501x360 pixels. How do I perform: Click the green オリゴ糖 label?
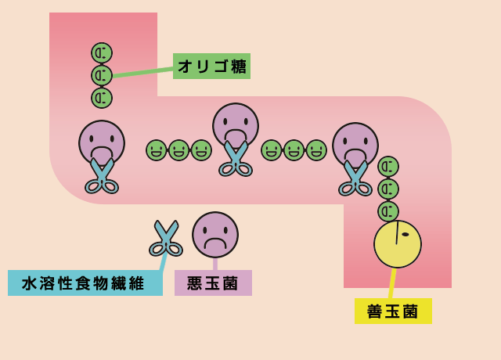[211, 66]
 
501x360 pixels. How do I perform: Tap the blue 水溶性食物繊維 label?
[85, 283]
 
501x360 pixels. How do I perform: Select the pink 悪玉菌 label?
[213, 283]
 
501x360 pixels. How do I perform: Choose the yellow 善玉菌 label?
[393, 311]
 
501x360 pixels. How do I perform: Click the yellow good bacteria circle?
[397, 244]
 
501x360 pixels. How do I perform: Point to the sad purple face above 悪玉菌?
[215, 234]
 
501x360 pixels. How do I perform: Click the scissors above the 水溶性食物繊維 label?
[166, 239]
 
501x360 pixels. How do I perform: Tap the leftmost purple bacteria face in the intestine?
[102, 142]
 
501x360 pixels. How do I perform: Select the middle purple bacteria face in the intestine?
[236, 124]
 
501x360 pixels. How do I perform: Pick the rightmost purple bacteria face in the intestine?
[355, 144]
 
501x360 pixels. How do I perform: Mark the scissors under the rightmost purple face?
[355, 179]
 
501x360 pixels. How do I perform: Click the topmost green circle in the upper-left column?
[102, 53]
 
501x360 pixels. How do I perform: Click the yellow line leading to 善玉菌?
[392, 283]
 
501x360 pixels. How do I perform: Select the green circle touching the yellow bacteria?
[388, 211]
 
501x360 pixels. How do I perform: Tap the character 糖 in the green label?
[239, 67]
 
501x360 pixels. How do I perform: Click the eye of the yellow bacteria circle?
[405, 234]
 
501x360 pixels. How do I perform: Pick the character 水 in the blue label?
[29, 283]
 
